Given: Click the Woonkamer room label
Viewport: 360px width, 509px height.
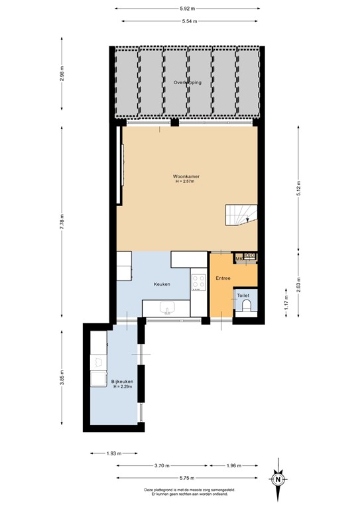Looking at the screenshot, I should (187, 177).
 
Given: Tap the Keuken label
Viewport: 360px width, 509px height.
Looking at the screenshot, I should (162, 284).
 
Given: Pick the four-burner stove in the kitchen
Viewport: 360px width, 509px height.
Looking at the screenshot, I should (198, 284).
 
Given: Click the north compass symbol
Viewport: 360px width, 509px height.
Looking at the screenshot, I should (279, 479).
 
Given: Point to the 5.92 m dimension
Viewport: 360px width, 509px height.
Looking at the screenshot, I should (188, 9).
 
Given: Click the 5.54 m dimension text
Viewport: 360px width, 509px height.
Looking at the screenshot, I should (188, 23).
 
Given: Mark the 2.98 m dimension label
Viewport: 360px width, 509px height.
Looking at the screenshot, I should (62, 82).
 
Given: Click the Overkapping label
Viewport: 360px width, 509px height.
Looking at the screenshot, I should (187, 83).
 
